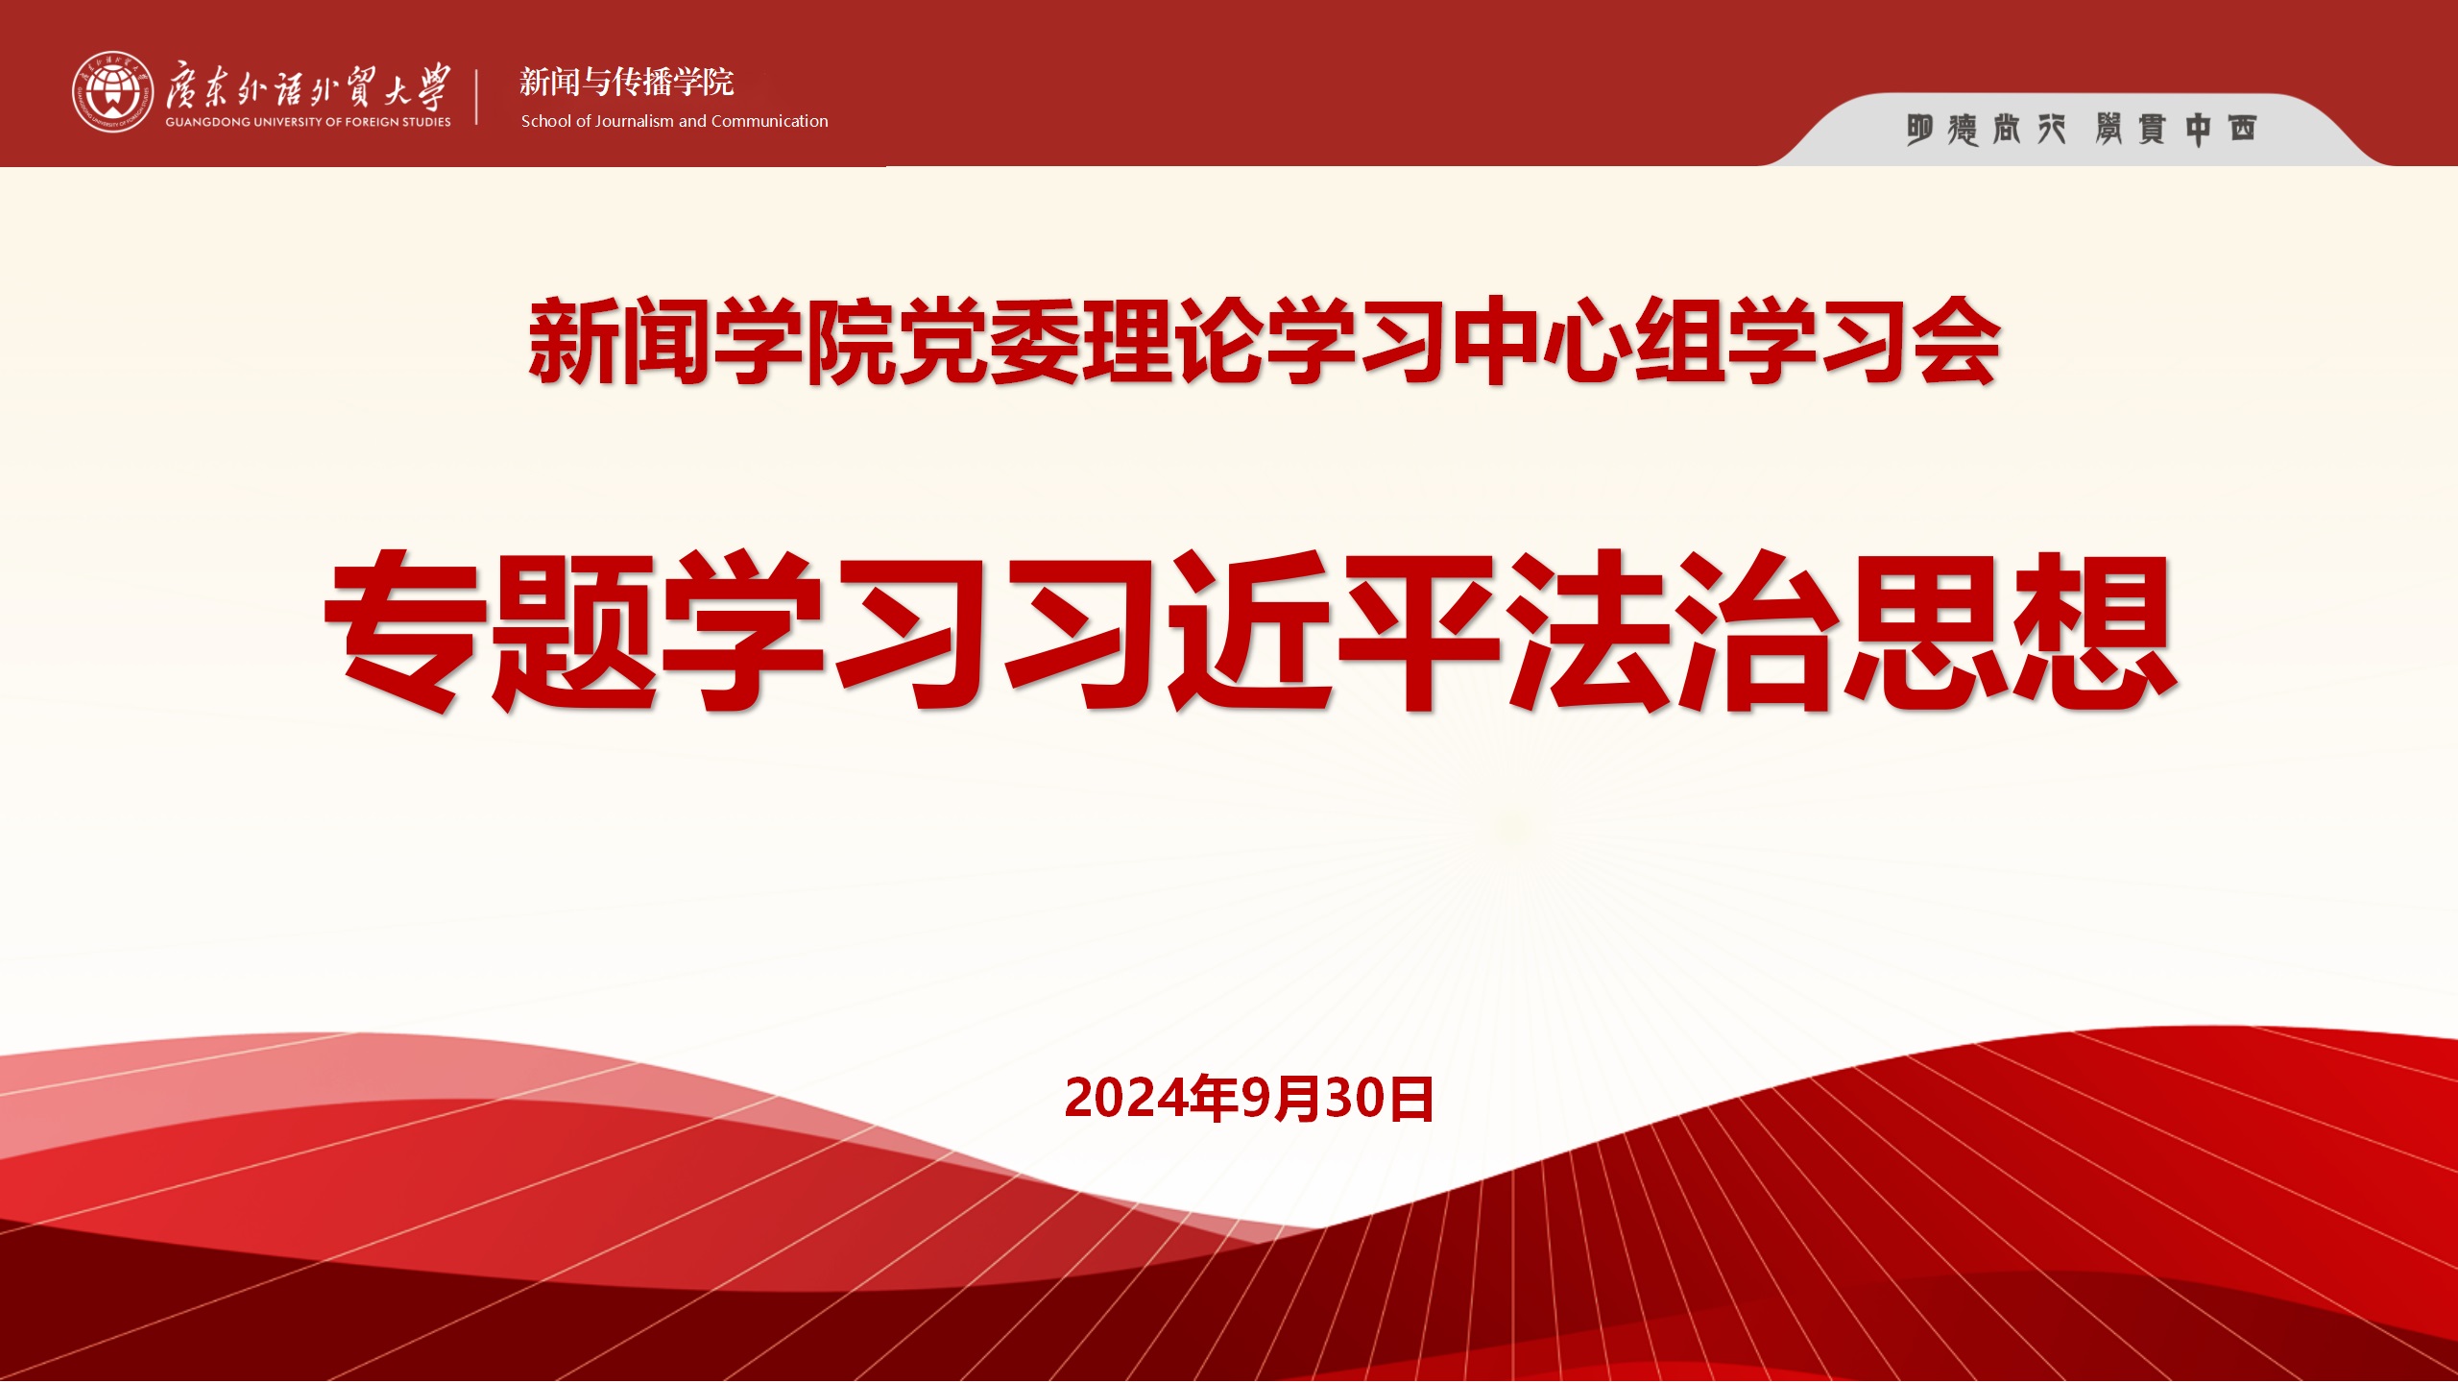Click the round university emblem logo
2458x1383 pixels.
click(x=112, y=91)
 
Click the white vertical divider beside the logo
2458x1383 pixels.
click(x=477, y=95)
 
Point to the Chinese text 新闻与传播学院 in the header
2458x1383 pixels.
click(x=627, y=83)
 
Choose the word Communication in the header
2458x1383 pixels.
click(x=770, y=121)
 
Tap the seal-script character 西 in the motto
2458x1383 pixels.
click(x=2242, y=129)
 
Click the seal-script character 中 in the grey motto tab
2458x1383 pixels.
click(x=2198, y=130)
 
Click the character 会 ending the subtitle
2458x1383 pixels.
click(x=1956, y=342)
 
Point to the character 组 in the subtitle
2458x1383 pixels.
click(x=1679, y=342)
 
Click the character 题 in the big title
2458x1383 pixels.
click(x=574, y=631)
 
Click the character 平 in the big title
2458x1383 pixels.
click(x=1420, y=631)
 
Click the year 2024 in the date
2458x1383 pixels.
click(x=1126, y=1099)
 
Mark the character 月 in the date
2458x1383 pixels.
click(x=1298, y=1100)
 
